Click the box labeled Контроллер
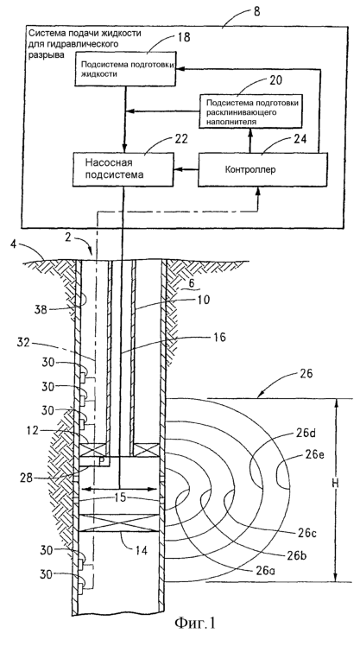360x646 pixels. click(262, 170)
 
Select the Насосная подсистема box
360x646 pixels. click(123, 169)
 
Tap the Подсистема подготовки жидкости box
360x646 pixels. click(125, 69)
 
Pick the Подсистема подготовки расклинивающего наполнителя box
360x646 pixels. click(251, 111)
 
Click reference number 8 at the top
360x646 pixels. click(256, 11)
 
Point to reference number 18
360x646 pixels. click(185, 38)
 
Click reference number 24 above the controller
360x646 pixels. click(300, 139)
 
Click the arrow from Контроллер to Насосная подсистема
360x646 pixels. click(186, 169)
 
